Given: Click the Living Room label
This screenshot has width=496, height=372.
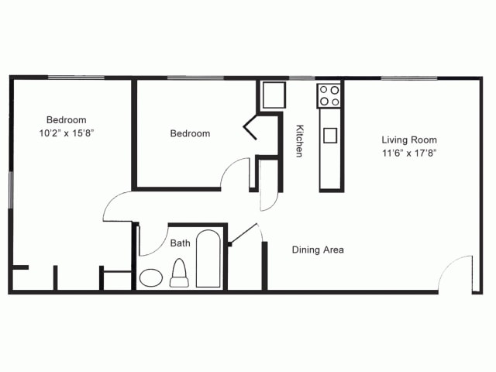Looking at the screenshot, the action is coord(409,139).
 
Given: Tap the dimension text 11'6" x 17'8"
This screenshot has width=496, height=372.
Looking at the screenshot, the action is coord(409,153).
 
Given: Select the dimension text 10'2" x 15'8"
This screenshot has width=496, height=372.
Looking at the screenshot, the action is coord(67,133).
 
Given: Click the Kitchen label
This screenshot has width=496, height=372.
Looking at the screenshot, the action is coord(299,141).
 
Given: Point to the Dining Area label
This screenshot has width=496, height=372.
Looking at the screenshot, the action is coord(318,250).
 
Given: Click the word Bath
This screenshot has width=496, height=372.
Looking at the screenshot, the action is coord(181,243).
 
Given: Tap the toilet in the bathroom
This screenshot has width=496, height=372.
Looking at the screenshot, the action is coord(179,273).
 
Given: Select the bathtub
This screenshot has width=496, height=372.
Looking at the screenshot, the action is coord(208,259).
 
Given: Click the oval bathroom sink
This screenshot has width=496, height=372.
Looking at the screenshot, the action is coord(151,277).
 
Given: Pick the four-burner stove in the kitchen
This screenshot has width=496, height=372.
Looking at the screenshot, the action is coord(329,96).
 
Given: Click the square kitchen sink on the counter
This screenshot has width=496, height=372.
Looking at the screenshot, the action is coord(330,136).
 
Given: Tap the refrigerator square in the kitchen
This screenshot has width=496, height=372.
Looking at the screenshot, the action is coord(274,95).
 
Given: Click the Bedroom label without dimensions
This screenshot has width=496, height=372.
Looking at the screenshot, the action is coord(190,133).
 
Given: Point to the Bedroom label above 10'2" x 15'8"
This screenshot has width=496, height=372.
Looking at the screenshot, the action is coord(67,120).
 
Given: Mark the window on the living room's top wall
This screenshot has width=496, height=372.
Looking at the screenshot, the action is coord(409,77).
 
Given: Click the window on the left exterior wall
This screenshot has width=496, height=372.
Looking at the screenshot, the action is coord(10,190).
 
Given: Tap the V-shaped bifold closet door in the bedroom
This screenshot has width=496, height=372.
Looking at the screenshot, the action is coord(250,126).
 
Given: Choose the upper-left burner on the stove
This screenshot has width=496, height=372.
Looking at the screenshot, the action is coord(324,90).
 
